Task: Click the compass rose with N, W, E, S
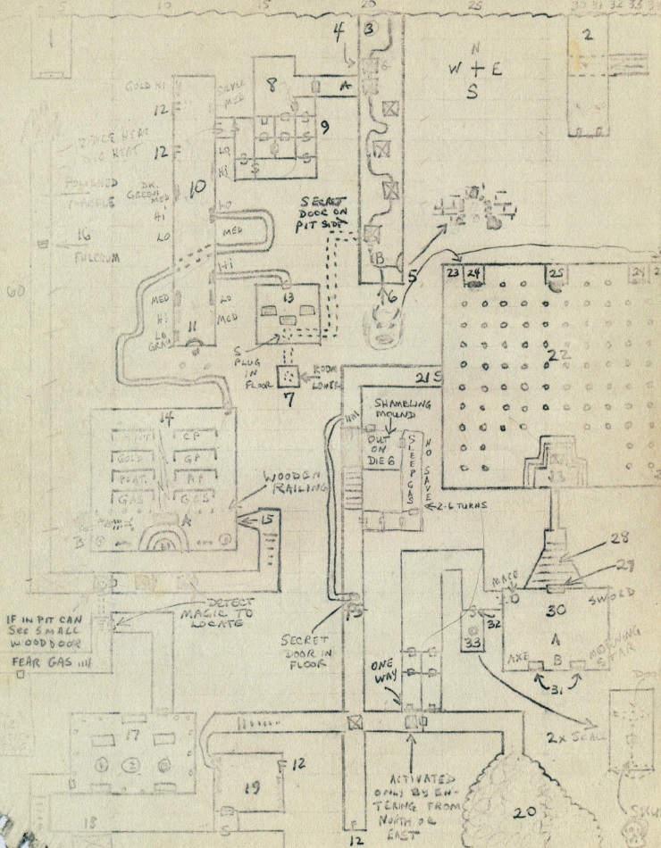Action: (474, 68)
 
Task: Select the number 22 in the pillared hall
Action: (560, 354)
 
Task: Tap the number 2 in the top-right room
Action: (587, 36)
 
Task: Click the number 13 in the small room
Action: (288, 296)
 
